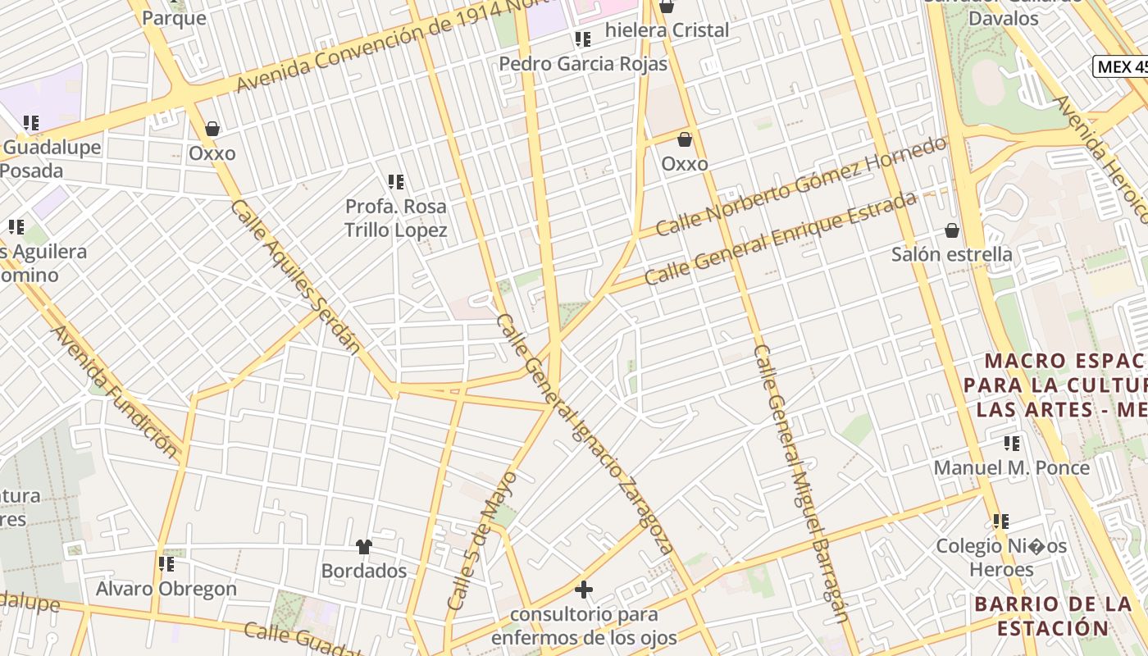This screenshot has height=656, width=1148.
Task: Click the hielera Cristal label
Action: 667,30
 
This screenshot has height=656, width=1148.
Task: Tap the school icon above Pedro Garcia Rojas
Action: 583,39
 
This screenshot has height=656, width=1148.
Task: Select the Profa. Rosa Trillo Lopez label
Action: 396,218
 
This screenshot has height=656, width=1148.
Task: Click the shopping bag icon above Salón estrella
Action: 952,230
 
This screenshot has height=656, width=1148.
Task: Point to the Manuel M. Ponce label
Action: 1012,468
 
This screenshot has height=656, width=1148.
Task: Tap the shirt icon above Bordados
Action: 364,546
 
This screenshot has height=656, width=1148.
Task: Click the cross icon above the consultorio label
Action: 584,590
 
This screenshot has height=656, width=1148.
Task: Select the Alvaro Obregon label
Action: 166,589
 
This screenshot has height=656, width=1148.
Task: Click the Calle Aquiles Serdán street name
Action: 296,276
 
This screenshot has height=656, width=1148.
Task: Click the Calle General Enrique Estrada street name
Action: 780,238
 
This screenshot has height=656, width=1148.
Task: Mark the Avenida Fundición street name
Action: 114,392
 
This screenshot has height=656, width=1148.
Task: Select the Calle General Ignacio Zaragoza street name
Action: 585,435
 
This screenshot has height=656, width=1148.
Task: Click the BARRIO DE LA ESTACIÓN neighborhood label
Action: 1054,617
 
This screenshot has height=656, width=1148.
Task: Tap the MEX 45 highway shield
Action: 1122,67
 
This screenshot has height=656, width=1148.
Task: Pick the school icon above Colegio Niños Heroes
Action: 1001,522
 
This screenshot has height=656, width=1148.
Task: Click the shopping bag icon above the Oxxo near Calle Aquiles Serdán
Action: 212,129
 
